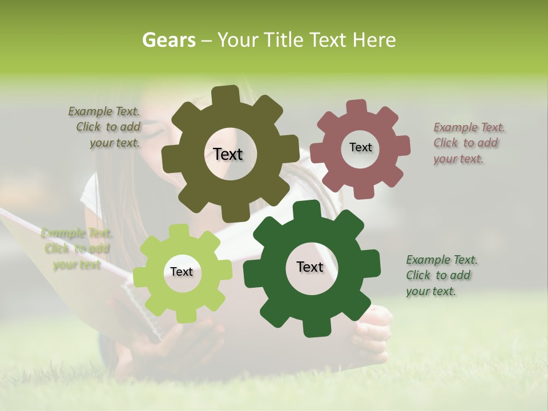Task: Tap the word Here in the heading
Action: coord(374,40)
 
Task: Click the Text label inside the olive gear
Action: coord(228,154)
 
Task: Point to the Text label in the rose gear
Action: coord(360,147)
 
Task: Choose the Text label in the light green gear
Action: coord(182,272)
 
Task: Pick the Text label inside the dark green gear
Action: coord(310,267)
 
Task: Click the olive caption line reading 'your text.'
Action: coord(115,143)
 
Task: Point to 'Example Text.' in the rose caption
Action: coord(469,127)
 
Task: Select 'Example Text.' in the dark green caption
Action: coord(442,260)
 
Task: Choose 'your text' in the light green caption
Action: coord(76,264)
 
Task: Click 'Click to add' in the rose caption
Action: coord(466,143)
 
